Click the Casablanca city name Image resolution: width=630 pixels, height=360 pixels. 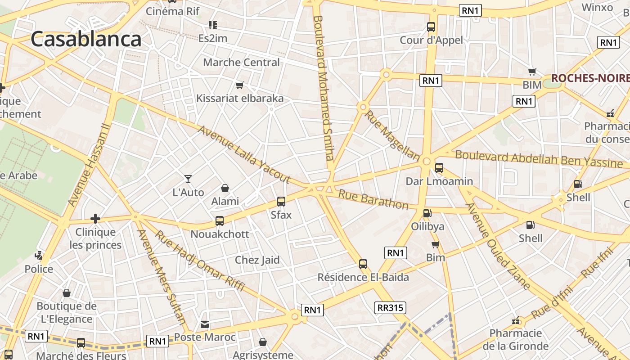coord(86,39)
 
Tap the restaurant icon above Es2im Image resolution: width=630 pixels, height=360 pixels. coord(212,25)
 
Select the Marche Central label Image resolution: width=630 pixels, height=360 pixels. coord(241,62)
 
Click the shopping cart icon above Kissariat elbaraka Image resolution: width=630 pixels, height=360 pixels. coord(240,85)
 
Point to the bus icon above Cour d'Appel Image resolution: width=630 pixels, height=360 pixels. coord(431,27)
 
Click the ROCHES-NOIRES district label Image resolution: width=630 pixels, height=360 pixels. coord(590,78)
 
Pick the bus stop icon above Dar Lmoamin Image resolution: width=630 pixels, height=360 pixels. coord(439,168)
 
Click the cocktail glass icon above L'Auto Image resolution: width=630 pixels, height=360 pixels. coord(188,179)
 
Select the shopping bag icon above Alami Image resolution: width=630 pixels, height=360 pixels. coord(225,188)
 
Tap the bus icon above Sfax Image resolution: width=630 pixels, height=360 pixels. coord(281,202)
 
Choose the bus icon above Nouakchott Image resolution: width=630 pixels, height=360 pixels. coord(220,221)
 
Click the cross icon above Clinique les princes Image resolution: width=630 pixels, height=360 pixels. coord(95,219)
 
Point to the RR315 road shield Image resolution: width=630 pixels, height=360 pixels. coord(390,308)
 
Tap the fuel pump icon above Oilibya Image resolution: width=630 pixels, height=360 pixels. coord(427,213)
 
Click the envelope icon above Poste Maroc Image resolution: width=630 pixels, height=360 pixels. coord(205,324)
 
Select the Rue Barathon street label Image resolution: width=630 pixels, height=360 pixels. coord(373,200)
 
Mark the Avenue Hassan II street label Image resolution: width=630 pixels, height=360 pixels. coord(89,166)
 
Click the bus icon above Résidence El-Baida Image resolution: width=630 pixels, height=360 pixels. coord(363,264)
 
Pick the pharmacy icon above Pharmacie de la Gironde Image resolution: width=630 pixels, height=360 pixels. coord(516,321)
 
